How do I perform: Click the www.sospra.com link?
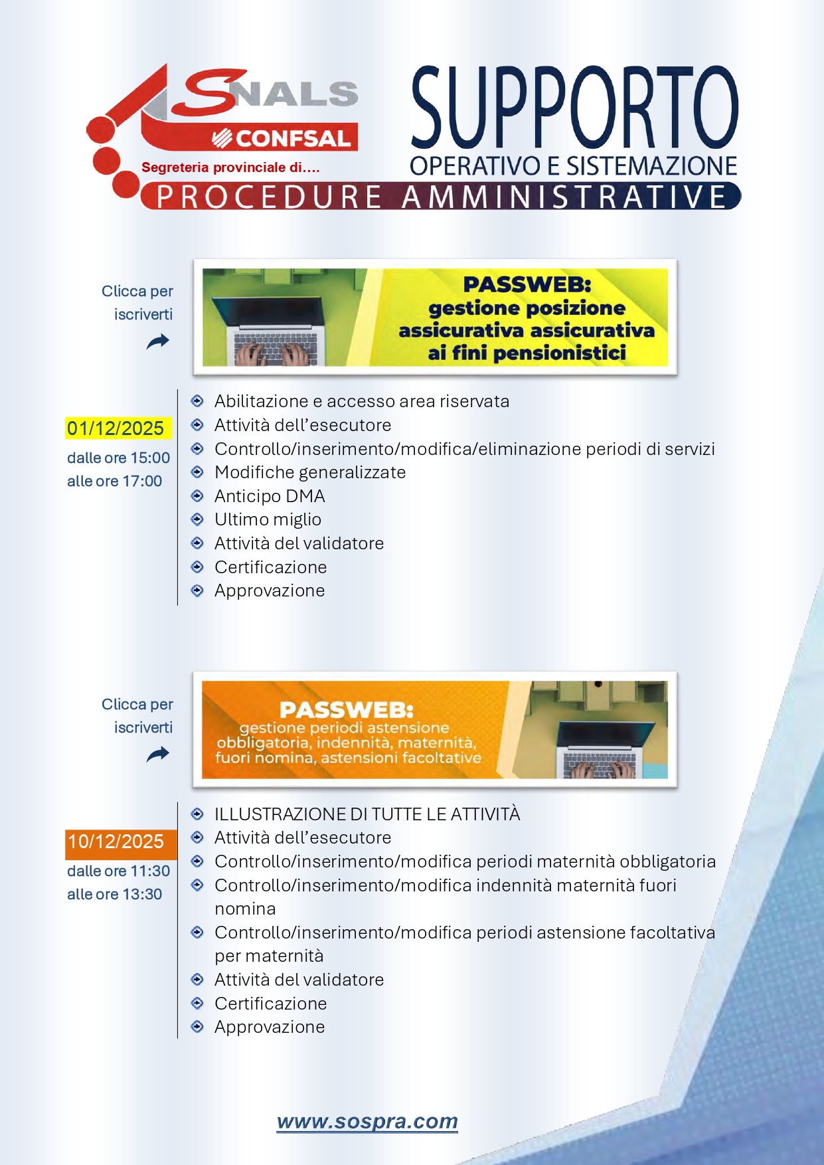click(367, 1121)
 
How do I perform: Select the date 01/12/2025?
click(116, 428)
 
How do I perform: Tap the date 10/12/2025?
click(116, 842)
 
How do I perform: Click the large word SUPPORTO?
click(574, 108)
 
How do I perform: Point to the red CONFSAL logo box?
click(284, 138)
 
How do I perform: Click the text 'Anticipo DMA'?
click(270, 496)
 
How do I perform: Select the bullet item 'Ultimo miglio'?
click(268, 519)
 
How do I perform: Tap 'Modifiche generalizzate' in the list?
click(310, 472)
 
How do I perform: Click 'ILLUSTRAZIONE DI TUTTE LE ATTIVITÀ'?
click(367, 814)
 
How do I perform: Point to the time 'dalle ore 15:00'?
click(118, 458)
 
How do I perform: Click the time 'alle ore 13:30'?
click(114, 894)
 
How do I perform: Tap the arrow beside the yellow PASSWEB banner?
click(158, 341)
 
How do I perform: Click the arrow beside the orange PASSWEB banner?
click(158, 754)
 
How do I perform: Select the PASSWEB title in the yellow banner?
click(527, 284)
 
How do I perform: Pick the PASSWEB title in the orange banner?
click(346, 709)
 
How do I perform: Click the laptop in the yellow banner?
click(275, 325)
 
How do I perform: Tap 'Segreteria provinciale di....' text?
click(230, 167)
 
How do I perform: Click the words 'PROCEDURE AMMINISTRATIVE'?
click(442, 197)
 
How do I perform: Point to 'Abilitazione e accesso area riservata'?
click(362, 401)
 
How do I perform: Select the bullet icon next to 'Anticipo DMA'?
click(197, 495)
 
